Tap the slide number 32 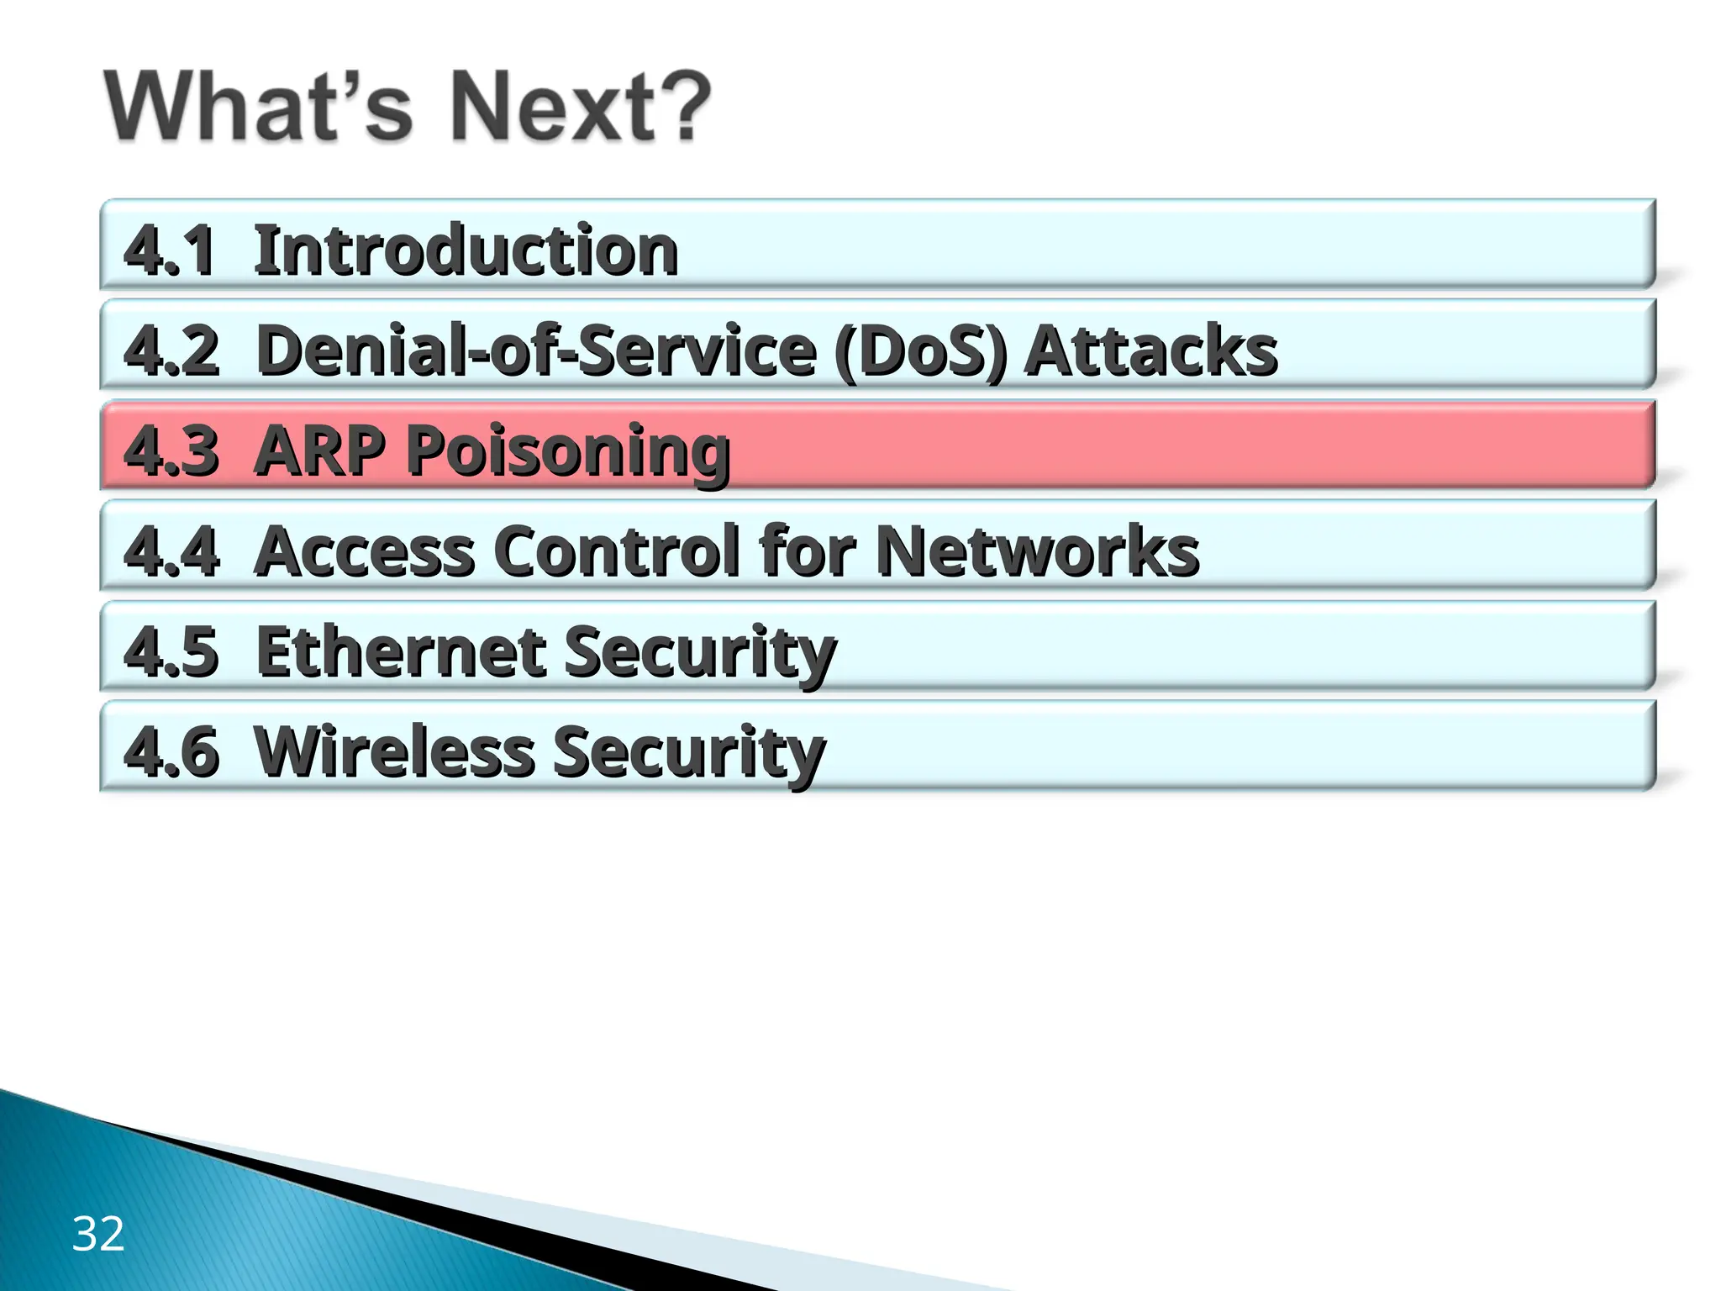(98, 1234)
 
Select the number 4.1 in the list (170, 250)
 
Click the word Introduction (466, 250)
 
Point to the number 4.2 (171, 350)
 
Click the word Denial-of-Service (536, 350)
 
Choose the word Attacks (1151, 350)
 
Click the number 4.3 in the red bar (171, 451)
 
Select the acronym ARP (320, 451)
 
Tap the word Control (618, 551)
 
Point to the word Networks (1037, 551)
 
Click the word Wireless (394, 751)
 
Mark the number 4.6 (171, 751)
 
